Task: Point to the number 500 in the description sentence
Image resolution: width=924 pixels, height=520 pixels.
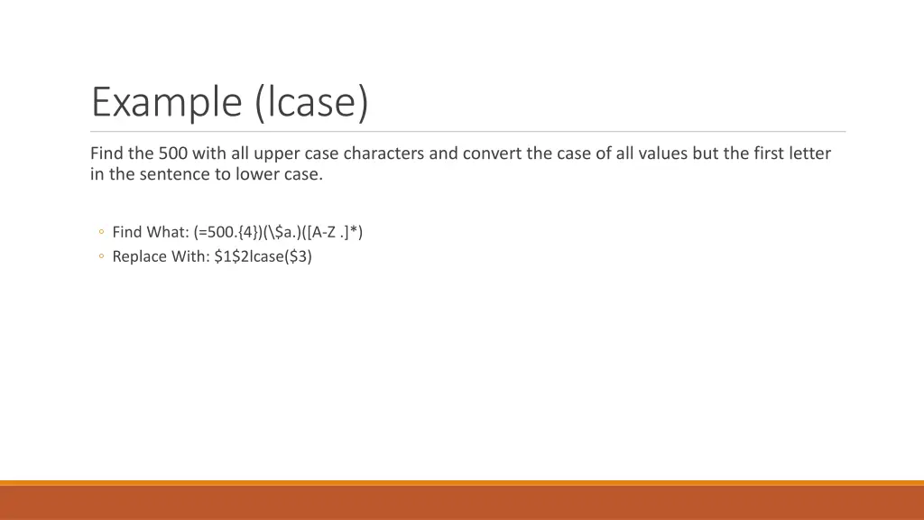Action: pyautogui.click(x=172, y=153)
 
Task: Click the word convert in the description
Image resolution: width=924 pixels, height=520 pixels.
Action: pyautogui.click(x=493, y=153)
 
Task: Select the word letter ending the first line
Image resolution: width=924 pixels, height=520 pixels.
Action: pyautogui.click(x=810, y=153)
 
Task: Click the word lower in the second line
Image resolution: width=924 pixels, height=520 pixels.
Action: pyautogui.click(x=257, y=175)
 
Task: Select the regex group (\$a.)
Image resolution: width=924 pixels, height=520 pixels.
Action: pyautogui.click(x=289, y=233)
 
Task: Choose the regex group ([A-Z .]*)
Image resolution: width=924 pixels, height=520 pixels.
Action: pyautogui.click(x=337, y=233)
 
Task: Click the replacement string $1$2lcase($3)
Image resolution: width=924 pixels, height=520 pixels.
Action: pyautogui.click(x=263, y=257)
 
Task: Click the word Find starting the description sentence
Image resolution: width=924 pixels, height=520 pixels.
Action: pyautogui.click(x=106, y=153)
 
